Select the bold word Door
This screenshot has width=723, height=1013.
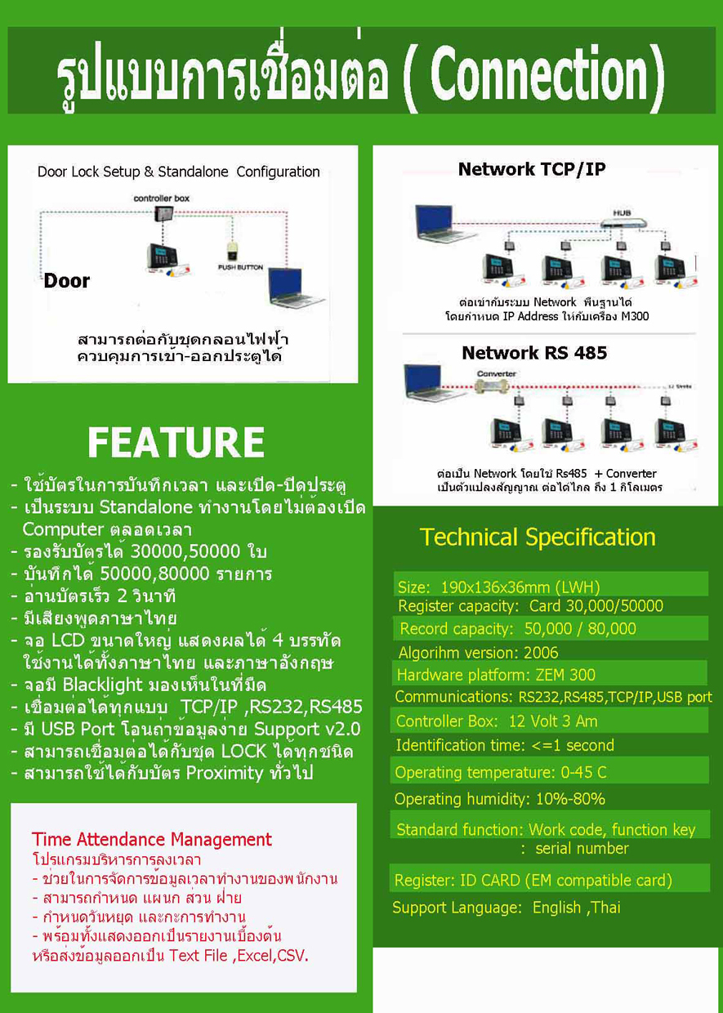pyautogui.click(x=67, y=281)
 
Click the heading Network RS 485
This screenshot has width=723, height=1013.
pyautogui.click(x=534, y=353)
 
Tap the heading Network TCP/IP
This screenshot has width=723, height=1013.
pyautogui.click(x=532, y=169)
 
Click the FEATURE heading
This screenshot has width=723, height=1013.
pyautogui.click(x=176, y=442)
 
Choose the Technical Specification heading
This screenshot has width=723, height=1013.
pyautogui.click(x=538, y=537)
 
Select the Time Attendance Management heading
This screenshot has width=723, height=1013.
pyautogui.click(x=152, y=839)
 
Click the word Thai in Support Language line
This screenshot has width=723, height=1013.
pyautogui.click(x=605, y=907)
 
